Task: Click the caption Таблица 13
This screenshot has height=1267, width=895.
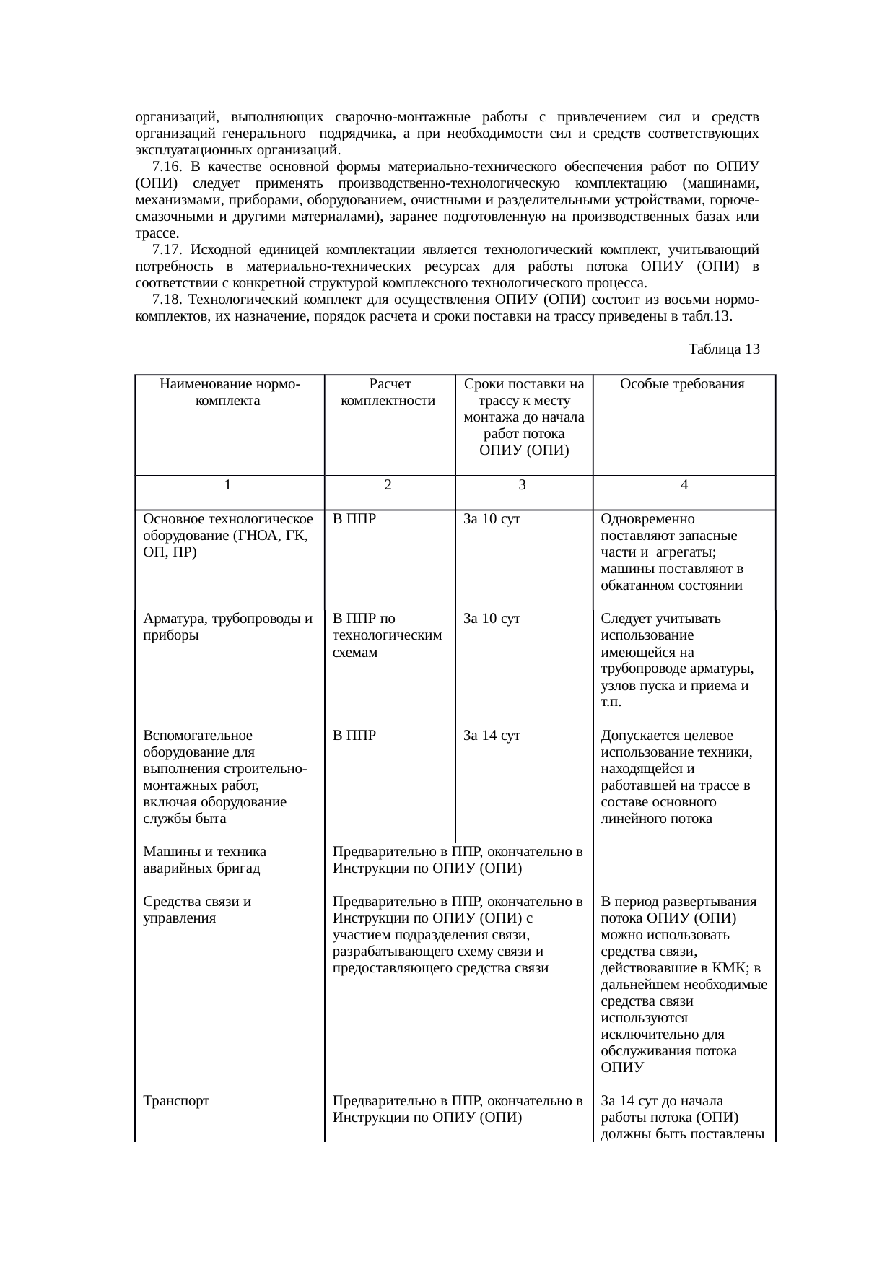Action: coord(723,349)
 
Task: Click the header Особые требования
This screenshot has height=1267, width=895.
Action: coord(682,384)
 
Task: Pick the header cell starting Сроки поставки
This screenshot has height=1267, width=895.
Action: coord(523,417)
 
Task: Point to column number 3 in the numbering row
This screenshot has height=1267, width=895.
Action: coord(522,486)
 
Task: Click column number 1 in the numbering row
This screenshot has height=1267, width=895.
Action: coord(227,486)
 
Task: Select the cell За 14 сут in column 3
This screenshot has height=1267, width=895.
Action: coord(492,736)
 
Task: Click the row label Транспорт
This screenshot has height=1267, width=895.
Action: coord(176,1101)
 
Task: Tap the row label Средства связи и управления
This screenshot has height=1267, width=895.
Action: coord(197,910)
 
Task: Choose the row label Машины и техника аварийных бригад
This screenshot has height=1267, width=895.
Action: coord(204,860)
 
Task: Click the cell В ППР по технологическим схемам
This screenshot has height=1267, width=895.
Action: coord(386,635)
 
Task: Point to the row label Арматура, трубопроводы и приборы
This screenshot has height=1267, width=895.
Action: coord(227,627)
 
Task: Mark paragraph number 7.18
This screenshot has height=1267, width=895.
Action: coord(167,300)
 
